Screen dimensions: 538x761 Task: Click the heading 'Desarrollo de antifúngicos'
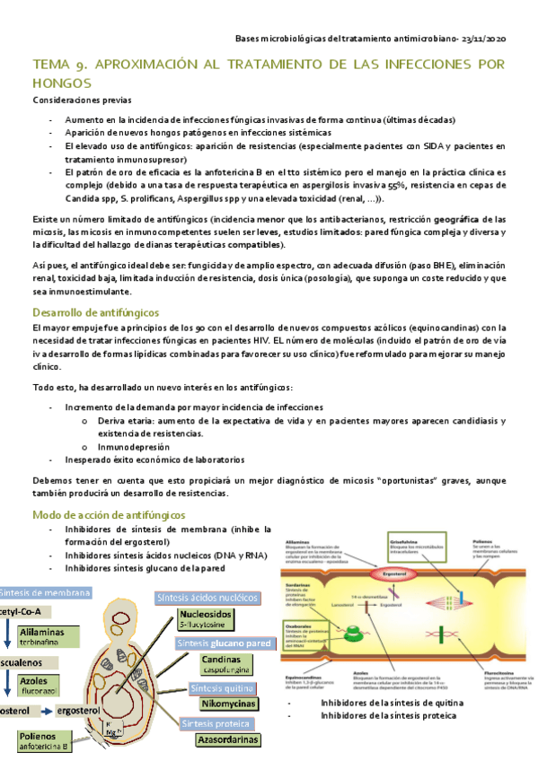[95, 312]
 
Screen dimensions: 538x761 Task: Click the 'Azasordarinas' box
[231, 739]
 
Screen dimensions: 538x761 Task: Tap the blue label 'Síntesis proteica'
[215, 723]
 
